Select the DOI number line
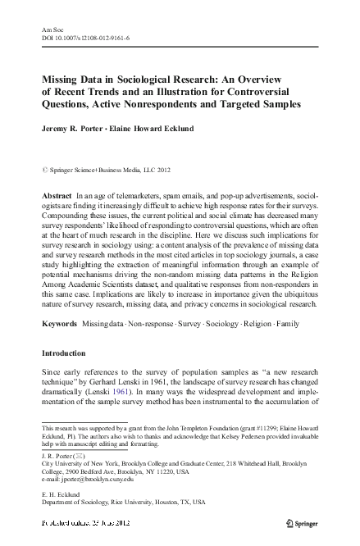pyautogui.click(x=90, y=37)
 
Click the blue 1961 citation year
pyautogui.click(x=144, y=395)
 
